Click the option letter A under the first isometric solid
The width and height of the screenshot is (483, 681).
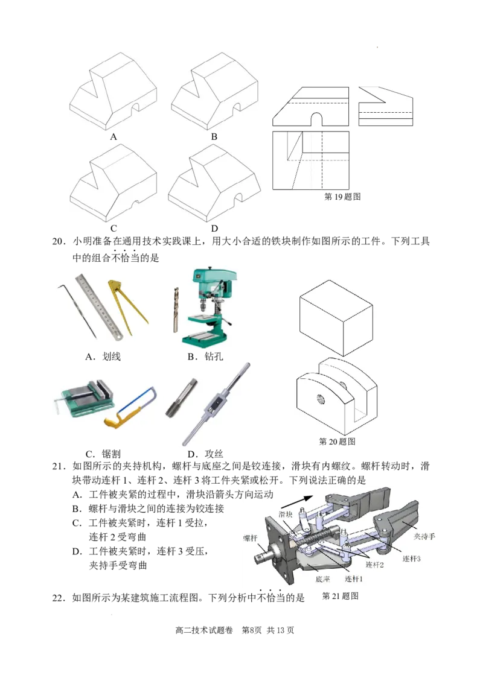point(114,137)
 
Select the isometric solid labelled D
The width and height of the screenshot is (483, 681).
point(214,183)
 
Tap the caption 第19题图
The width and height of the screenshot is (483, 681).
point(342,197)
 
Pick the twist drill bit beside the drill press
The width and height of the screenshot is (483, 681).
point(176,309)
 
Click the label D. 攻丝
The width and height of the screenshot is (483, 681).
point(205,454)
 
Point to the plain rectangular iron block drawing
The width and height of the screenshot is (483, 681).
point(336,318)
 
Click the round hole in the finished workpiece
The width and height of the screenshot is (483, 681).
point(321,398)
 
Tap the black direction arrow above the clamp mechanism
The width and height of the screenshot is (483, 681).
point(297,503)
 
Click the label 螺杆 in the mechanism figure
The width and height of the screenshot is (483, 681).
point(250,539)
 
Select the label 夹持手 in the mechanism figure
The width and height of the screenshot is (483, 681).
point(424,537)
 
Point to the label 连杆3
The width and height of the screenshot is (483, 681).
point(411,559)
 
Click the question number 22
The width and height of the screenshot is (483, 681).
point(59,598)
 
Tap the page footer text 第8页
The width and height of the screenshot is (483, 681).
point(252,630)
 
